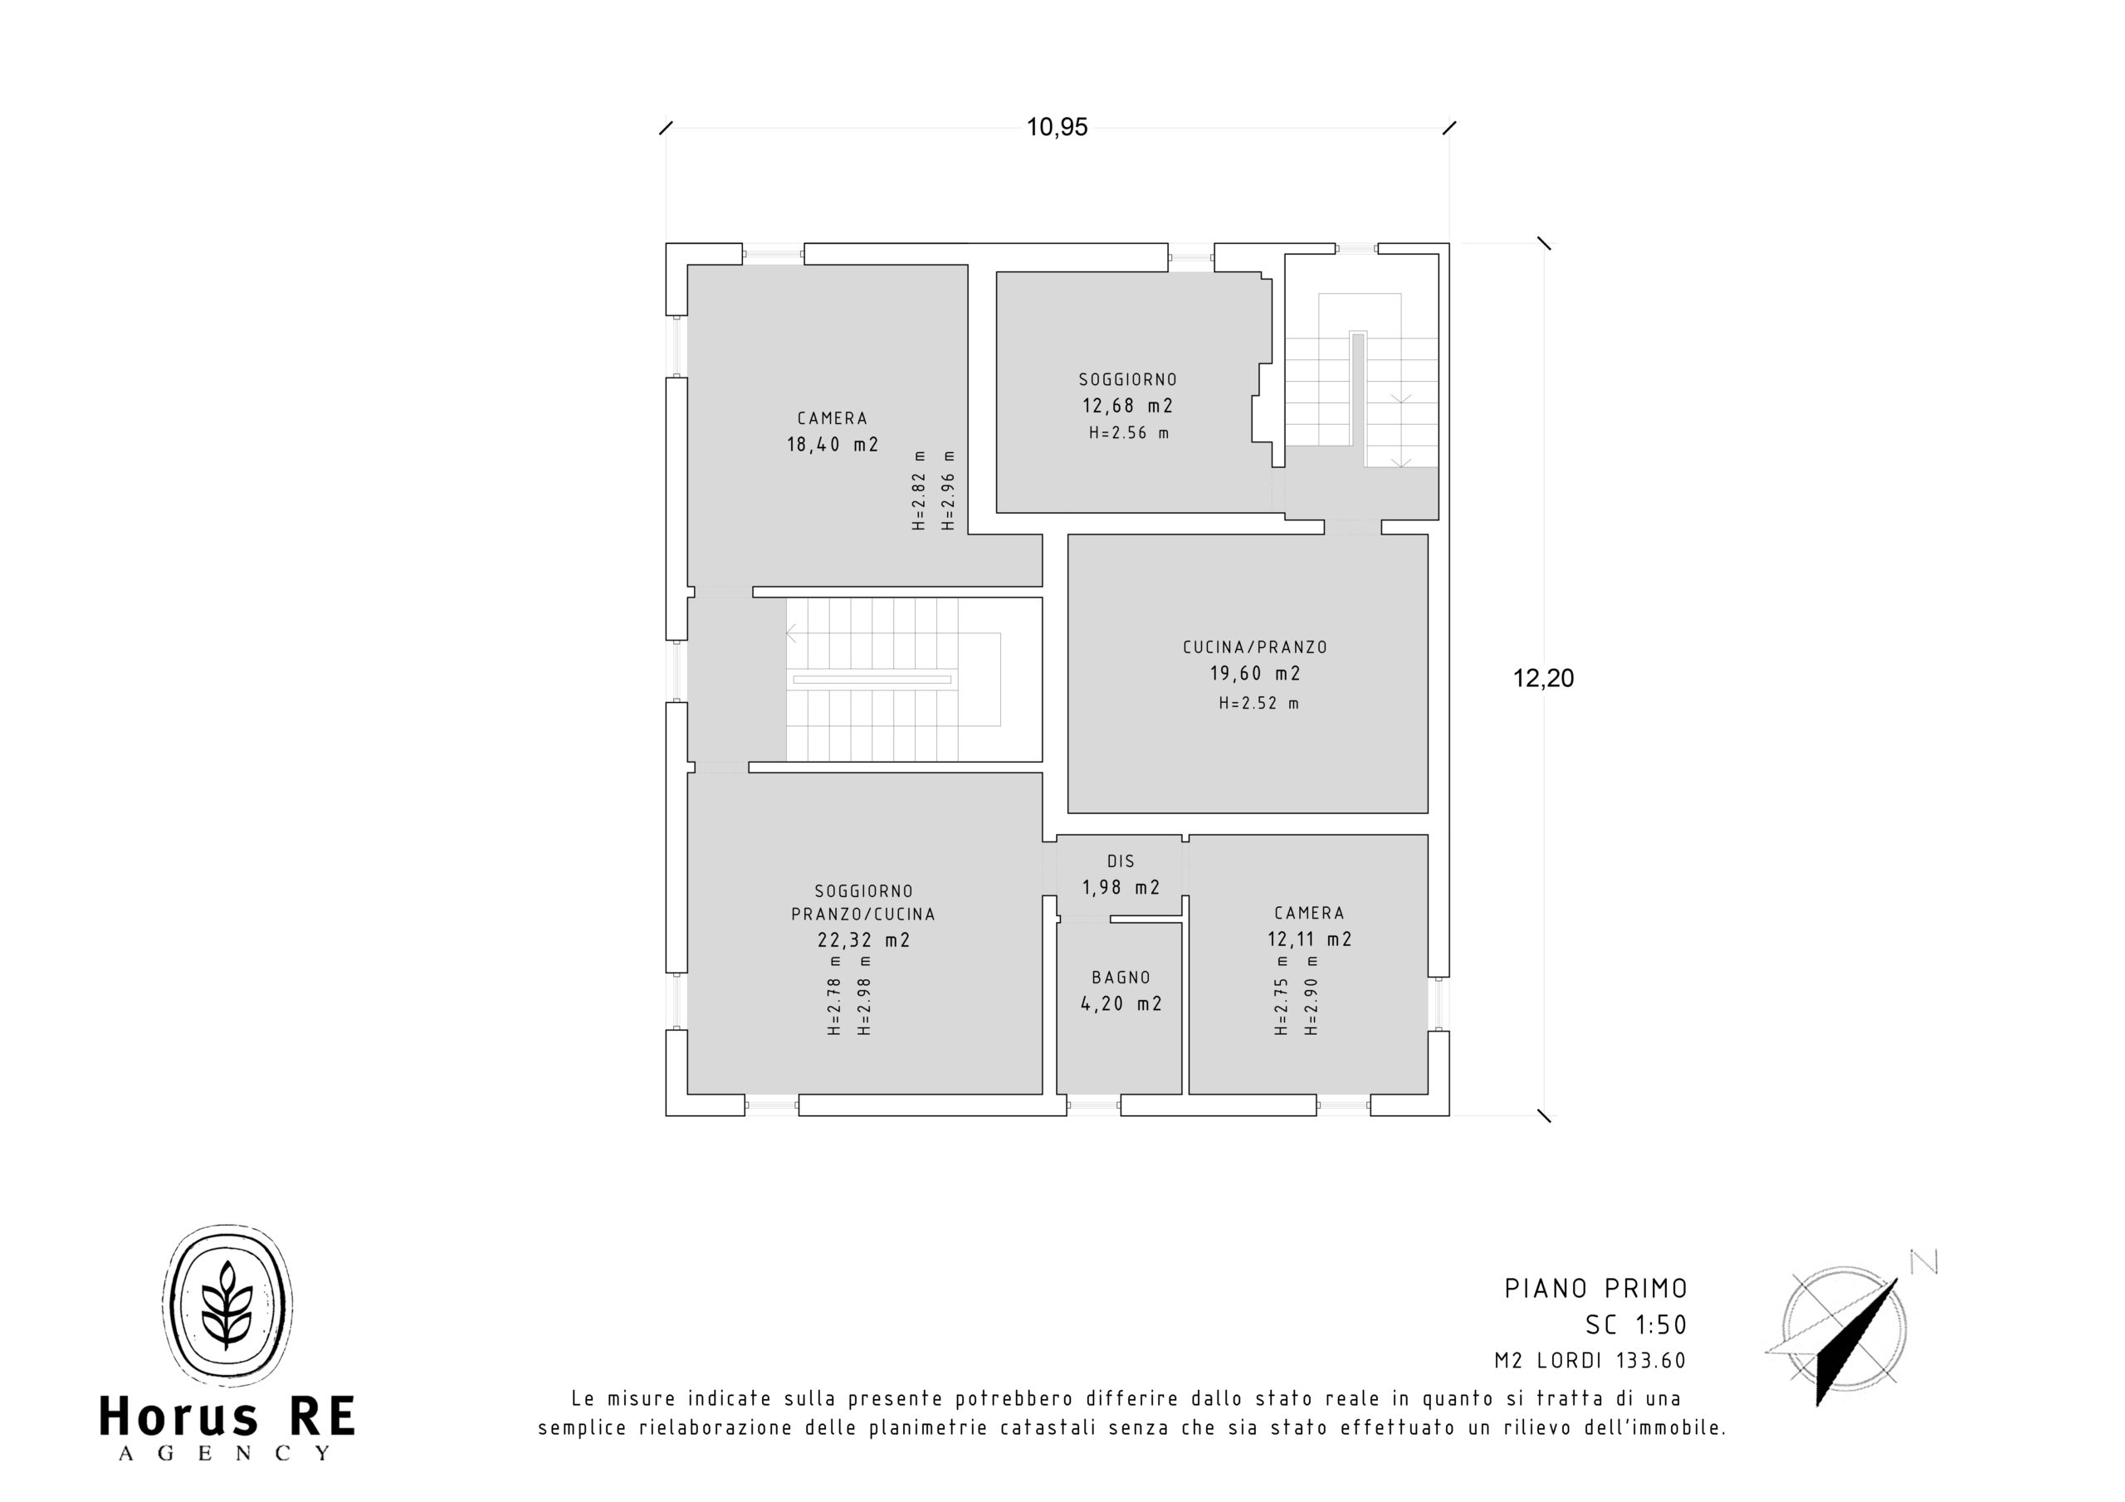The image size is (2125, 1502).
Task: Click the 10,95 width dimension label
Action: (1057, 127)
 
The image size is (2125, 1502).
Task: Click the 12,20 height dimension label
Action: (1543, 678)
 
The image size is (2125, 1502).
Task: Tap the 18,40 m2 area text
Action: (833, 444)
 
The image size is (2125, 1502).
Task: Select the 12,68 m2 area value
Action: (1128, 405)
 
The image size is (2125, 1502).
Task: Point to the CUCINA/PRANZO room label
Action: (1255, 648)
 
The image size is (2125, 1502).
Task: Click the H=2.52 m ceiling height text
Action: (1258, 704)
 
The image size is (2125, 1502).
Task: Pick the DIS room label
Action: (1121, 861)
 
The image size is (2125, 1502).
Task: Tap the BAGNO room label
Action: (1121, 978)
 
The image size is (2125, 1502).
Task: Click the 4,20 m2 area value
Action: (1121, 1003)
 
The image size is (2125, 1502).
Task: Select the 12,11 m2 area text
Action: (1310, 939)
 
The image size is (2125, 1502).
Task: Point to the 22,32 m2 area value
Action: (863, 940)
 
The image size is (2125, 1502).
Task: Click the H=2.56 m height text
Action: (1129, 433)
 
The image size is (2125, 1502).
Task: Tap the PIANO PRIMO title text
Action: (1596, 1288)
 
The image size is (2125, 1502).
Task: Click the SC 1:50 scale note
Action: (1636, 1325)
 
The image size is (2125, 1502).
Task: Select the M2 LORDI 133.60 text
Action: (1591, 1360)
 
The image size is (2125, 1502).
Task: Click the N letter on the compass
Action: (1924, 1261)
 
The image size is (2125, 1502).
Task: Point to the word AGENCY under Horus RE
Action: (225, 1453)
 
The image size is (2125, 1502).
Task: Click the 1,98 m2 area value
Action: (1121, 887)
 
